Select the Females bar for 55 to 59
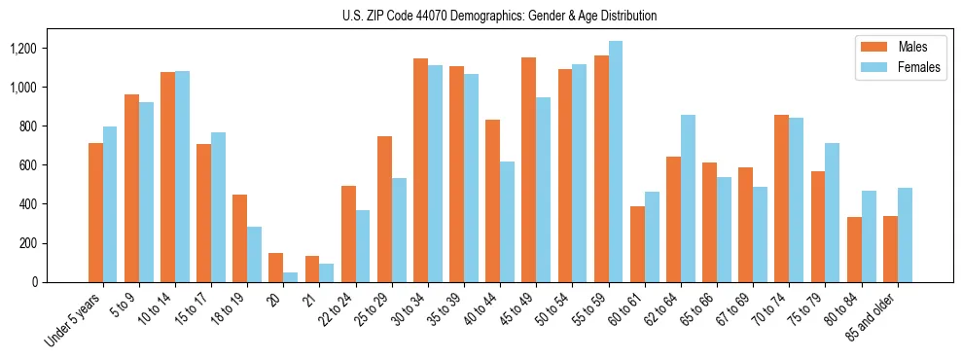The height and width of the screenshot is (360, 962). coord(616,162)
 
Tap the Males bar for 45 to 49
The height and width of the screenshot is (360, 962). coord(529,169)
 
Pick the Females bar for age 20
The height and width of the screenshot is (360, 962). coord(291,277)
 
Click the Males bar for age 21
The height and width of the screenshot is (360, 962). coord(312,269)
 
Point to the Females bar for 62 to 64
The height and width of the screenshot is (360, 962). coord(688,198)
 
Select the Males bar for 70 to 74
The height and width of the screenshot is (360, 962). coord(782,198)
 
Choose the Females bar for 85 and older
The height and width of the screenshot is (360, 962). coord(905,234)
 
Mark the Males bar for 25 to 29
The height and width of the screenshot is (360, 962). coord(385,209)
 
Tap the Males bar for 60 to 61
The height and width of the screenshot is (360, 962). coord(637,244)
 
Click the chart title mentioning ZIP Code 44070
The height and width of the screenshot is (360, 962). coord(499,16)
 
